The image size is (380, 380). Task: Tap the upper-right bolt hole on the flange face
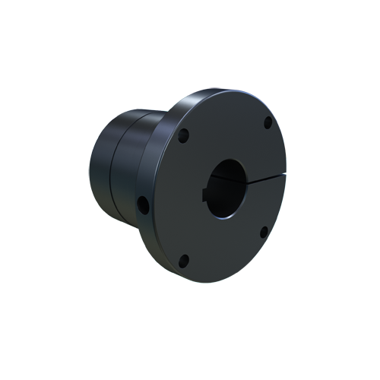tap(268, 122)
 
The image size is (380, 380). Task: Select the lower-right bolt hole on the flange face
tap(263, 232)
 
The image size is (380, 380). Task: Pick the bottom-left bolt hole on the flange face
tap(183, 261)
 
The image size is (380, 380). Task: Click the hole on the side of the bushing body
tap(143, 204)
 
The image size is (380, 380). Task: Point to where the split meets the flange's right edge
tap(285, 175)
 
